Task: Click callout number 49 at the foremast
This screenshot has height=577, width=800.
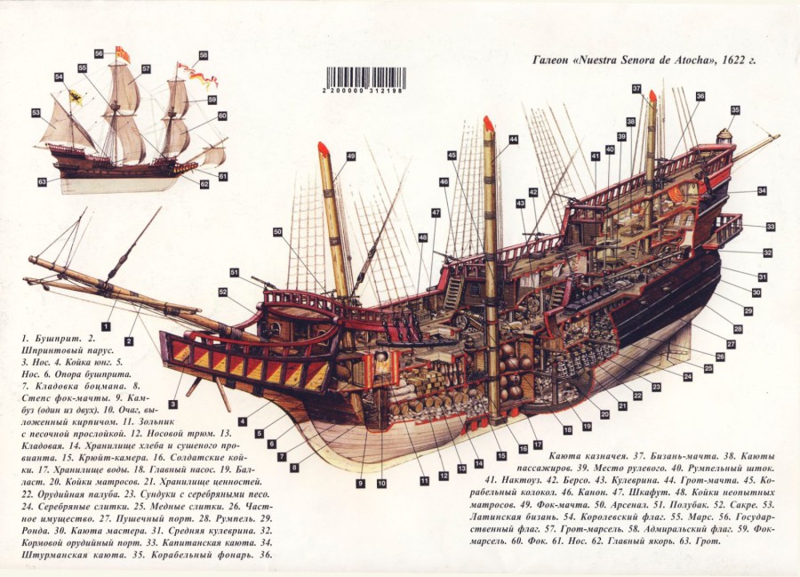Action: pyautogui.click(x=350, y=156)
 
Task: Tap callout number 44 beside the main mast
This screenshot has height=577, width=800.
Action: pyautogui.click(x=513, y=140)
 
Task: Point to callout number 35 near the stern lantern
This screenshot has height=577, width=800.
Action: pyautogui.click(x=735, y=110)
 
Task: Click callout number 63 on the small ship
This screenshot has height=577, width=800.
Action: pyautogui.click(x=42, y=182)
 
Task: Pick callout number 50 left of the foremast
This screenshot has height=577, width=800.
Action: pyautogui.click(x=278, y=232)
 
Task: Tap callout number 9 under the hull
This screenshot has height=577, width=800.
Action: pyautogui.click(x=361, y=483)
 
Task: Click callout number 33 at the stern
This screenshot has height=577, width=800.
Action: pyautogui.click(x=771, y=227)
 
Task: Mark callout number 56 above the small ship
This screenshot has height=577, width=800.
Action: pyautogui.click(x=98, y=53)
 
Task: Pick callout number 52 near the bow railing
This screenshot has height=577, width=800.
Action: pyautogui.click(x=223, y=291)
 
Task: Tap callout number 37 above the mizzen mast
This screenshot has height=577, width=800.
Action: pyautogui.click(x=636, y=89)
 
